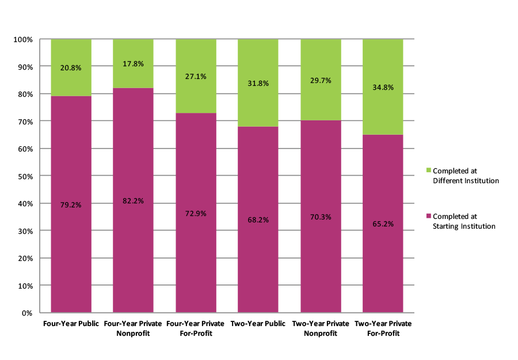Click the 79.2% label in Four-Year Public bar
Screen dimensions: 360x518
pyautogui.click(x=71, y=204)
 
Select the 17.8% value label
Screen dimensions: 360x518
pyautogui.click(x=133, y=65)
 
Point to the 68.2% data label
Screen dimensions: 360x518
pyautogui.click(x=258, y=219)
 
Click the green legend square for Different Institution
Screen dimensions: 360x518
pyautogui.click(x=428, y=170)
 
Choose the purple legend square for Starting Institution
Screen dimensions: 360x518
pyautogui.click(x=428, y=216)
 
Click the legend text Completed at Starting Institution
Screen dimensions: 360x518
pyautogui.click(x=464, y=221)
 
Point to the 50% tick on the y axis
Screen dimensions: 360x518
pyautogui.click(x=24, y=176)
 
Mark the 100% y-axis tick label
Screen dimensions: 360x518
pyautogui.click(x=22, y=39)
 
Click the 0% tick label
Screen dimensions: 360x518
pyautogui.click(x=26, y=313)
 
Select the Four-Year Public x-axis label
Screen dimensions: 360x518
pyautogui.click(x=71, y=324)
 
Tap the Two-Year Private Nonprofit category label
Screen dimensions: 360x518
pyautogui.click(x=321, y=328)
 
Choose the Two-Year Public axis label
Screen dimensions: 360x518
pyautogui.click(x=258, y=324)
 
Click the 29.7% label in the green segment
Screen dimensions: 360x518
pyautogui.click(x=321, y=81)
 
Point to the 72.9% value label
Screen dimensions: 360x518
pyautogui.click(x=196, y=213)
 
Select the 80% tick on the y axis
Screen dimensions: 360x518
pyautogui.click(x=24, y=94)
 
